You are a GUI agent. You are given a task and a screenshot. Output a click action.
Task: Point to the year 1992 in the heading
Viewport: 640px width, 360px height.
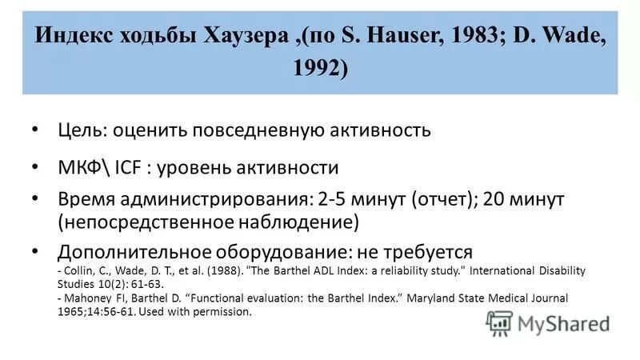click(321, 70)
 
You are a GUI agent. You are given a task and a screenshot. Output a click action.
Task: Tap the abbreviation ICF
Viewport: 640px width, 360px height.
click(128, 168)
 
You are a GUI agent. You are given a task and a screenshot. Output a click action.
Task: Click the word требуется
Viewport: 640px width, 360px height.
click(425, 250)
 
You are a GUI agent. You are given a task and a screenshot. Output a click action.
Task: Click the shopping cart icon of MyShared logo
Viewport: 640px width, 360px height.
click(499, 323)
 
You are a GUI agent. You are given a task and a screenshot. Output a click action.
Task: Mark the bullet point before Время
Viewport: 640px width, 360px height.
click(34, 198)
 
